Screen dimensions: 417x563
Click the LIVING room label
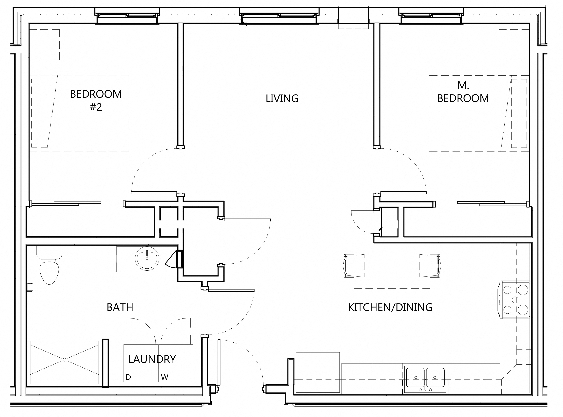282,99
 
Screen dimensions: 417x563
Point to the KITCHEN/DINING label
390,307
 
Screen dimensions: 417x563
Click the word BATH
120,307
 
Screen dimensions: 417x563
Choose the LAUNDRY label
152,359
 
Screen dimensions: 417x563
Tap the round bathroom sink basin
147,258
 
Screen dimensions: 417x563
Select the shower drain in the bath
64,359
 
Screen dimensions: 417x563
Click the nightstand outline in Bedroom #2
44,45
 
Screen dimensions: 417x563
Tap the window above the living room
279,16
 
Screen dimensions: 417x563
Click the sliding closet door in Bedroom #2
66,203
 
